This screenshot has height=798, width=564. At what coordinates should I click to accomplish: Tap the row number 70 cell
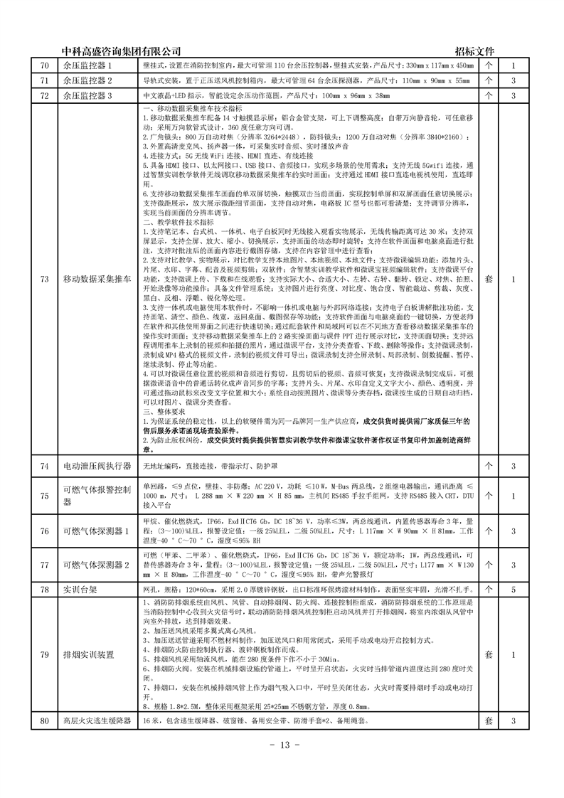pos(43,65)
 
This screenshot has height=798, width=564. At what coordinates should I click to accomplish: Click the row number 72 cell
pos(43,95)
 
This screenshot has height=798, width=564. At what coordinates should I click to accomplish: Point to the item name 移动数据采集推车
pos(97,279)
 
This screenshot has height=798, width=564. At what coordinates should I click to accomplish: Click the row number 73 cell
pos(43,279)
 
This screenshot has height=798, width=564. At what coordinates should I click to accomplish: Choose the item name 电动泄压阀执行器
pos(97,466)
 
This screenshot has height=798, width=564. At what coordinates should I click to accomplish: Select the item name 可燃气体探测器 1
pos(92,531)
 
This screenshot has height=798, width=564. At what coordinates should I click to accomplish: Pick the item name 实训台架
pos(78,589)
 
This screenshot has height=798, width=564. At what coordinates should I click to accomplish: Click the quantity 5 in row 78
pos(512,589)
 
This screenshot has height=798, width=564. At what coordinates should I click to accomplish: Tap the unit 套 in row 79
pos(489,654)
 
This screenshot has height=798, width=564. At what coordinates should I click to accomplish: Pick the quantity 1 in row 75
pos(512,496)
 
